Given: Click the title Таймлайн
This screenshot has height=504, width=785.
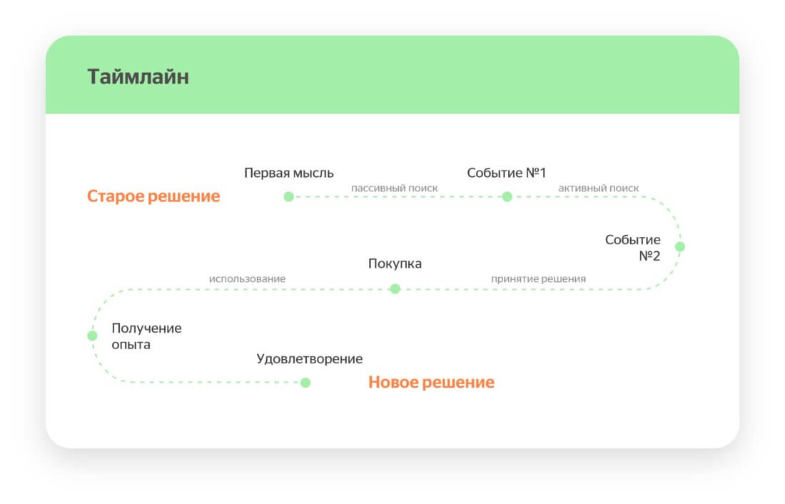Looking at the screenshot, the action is [138, 76].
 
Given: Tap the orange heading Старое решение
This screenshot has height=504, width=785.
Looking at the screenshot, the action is [153, 196].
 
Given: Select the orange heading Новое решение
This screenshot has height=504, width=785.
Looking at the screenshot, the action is [431, 382].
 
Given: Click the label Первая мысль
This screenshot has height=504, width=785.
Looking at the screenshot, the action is [289, 173].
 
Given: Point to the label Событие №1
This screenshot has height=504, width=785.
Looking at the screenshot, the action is [506, 173].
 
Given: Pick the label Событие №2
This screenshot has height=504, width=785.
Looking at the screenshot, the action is [633, 248].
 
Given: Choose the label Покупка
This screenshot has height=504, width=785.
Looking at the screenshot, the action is [395, 263].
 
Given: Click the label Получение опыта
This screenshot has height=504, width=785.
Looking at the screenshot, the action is [147, 336].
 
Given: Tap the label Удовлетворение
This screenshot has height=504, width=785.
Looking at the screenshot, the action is [310, 358].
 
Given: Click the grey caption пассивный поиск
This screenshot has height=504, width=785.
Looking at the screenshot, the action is [394, 188].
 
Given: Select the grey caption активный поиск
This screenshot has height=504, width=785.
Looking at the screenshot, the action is [598, 188].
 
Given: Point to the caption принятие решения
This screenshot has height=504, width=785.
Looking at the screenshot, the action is [538, 279].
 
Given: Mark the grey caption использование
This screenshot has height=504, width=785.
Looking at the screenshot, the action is [248, 278].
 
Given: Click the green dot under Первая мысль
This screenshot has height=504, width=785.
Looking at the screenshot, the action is [289, 197].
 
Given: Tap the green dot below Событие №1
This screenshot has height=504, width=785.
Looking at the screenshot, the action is [507, 197].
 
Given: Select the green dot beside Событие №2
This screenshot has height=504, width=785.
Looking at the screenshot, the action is [680, 246].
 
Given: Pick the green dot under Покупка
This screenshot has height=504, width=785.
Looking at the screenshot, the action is [395, 289].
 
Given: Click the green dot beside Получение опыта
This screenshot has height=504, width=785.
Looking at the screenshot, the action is [92, 336].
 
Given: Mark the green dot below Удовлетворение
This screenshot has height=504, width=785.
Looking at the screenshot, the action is [305, 383].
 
